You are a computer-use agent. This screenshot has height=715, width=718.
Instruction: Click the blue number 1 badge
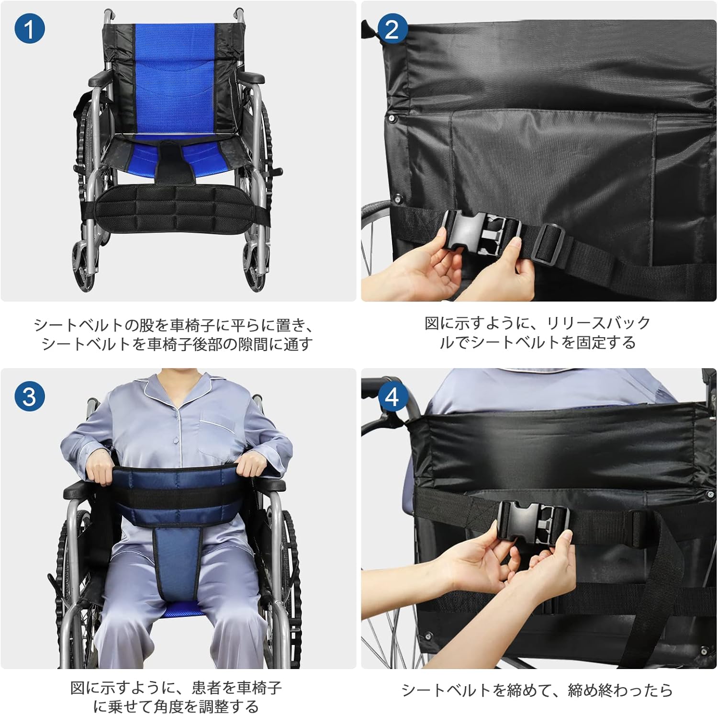(29, 29)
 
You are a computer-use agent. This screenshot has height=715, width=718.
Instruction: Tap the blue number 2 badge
(392, 29)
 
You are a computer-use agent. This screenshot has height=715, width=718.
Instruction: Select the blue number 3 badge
(29, 397)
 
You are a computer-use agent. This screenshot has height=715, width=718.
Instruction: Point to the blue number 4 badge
(392, 397)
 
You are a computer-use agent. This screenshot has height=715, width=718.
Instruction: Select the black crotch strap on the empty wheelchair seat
(174, 160)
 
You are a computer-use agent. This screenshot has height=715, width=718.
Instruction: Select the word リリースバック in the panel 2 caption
(598, 323)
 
